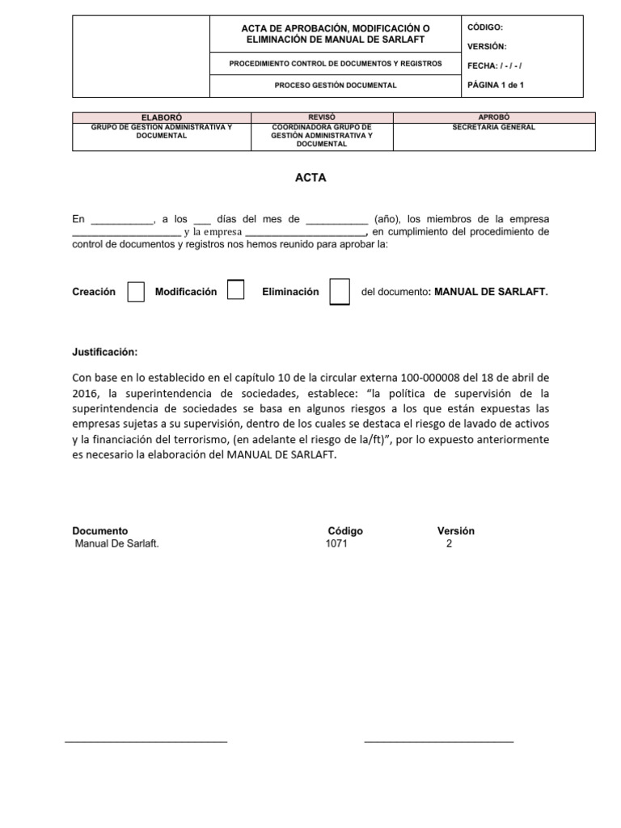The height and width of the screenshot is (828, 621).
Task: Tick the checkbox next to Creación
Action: pyautogui.click(x=137, y=291)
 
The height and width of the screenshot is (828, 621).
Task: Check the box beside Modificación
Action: pyautogui.click(x=235, y=289)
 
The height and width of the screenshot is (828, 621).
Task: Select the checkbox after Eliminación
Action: pyautogui.click(x=340, y=292)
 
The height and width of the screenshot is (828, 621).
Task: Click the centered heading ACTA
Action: pyautogui.click(x=311, y=178)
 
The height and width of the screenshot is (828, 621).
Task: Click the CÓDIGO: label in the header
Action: pyautogui.click(x=485, y=27)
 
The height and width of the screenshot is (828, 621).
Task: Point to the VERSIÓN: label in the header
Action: pyautogui.click(x=488, y=46)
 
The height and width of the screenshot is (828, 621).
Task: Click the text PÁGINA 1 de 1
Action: pyautogui.click(x=496, y=84)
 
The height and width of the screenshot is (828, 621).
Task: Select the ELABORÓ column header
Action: pyautogui.click(x=162, y=117)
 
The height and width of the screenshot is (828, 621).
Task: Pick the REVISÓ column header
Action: pyautogui.click(x=310, y=117)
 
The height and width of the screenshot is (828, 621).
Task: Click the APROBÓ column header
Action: pyautogui.click(x=493, y=117)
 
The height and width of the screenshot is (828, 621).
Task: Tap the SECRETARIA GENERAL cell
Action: pyautogui.click(x=493, y=127)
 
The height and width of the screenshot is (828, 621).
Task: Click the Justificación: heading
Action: pyautogui.click(x=105, y=352)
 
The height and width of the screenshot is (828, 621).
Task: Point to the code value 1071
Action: pyautogui.click(x=336, y=544)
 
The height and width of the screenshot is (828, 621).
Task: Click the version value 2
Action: pyautogui.click(x=450, y=544)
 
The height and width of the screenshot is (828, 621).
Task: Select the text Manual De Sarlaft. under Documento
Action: pyautogui.click(x=116, y=544)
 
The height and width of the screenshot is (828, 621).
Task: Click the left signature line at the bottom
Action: pyautogui.click(x=146, y=741)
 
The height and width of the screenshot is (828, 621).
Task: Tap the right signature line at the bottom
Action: pyautogui.click(x=438, y=741)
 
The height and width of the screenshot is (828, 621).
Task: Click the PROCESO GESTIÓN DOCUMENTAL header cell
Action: pyautogui.click(x=336, y=85)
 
